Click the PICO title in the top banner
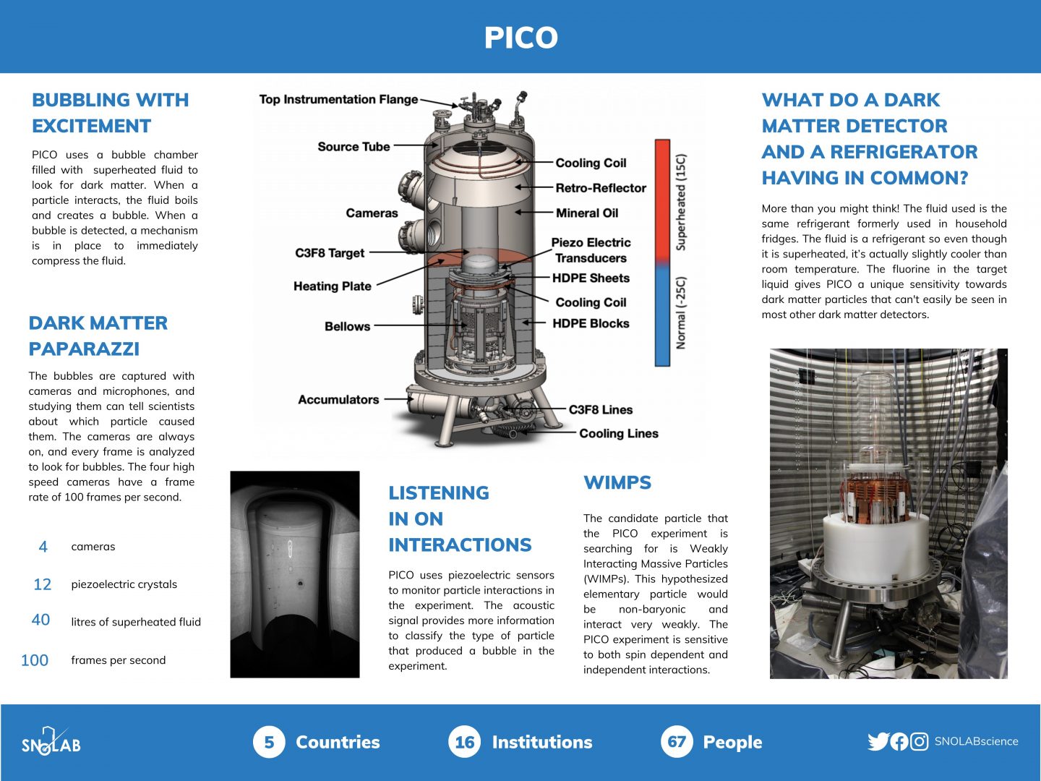[520, 38]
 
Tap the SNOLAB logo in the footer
[51, 743]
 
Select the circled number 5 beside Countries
[269, 742]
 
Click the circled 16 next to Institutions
[464, 742]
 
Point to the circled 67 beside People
[677, 742]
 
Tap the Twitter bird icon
[878, 741]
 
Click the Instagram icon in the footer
[919, 741]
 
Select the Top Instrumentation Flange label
[338, 100]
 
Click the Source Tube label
[354, 147]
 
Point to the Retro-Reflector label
[600, 188]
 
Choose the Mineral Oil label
[587, 213]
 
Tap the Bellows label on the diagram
[347, 326]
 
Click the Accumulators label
[338, 399]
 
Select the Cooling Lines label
[618, 434]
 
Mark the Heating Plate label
[332, 286]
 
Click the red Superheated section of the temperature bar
[662, 199]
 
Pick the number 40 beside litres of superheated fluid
[41, 620]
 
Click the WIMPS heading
[617, 483]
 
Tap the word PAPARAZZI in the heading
[84, 349]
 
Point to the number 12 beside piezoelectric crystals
[43, 584]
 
